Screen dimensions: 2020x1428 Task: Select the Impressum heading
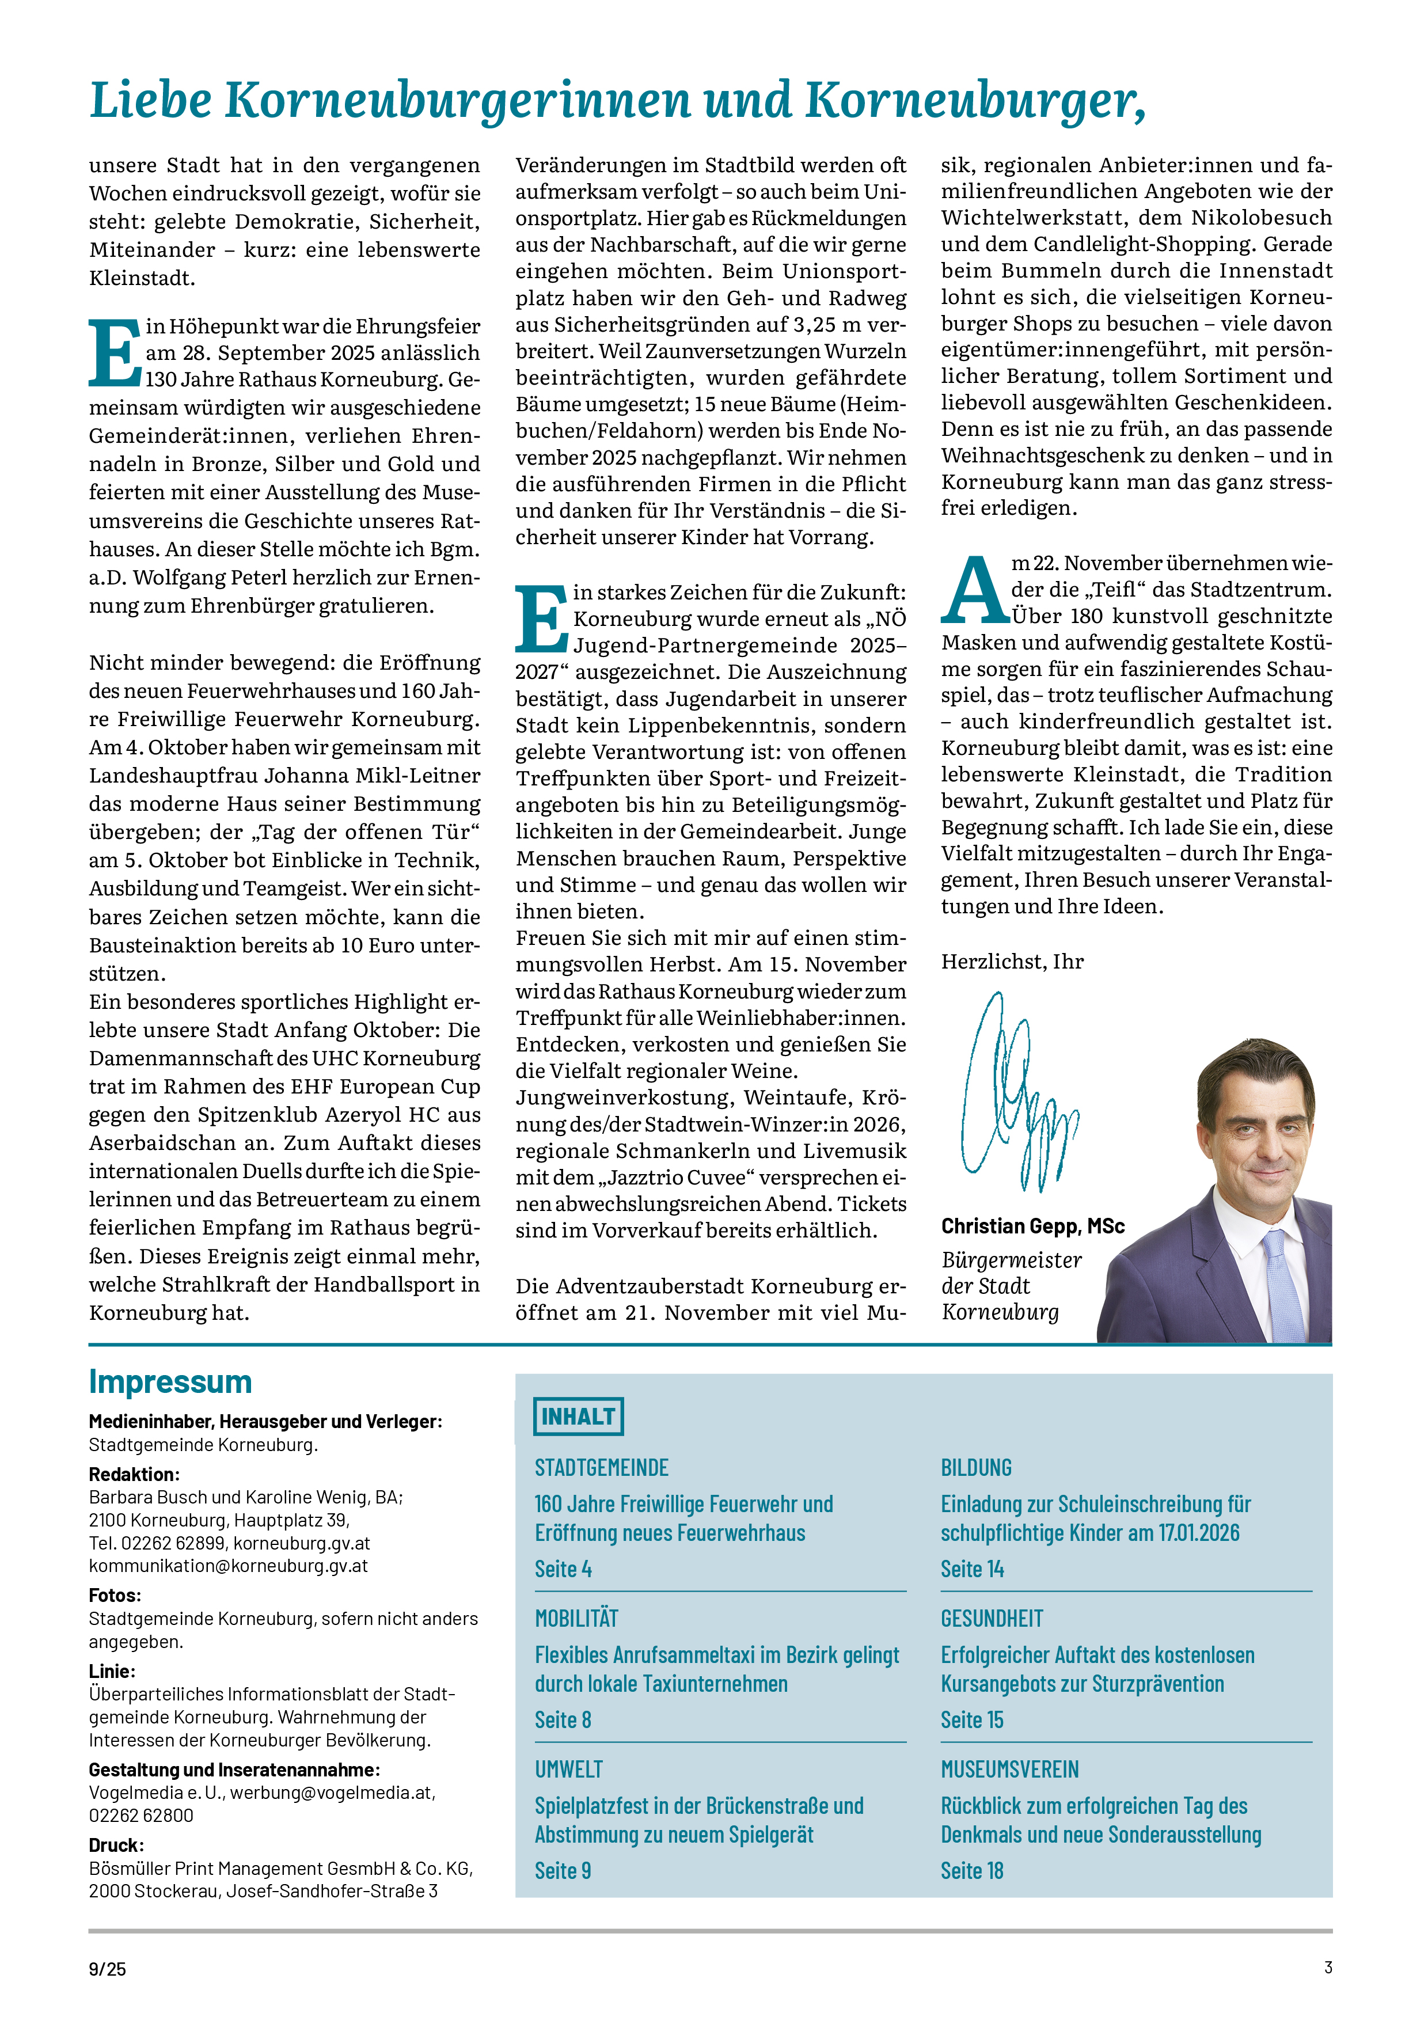170,1381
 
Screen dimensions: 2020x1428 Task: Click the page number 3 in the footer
1328,1967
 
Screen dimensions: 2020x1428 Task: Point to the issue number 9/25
107,1969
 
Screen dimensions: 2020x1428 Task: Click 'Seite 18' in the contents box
971,1870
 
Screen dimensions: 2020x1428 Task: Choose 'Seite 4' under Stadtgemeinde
563,1569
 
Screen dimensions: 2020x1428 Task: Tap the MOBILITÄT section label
576,1618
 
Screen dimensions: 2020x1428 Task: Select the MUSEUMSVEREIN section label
1009,1770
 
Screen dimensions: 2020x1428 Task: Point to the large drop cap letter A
974,590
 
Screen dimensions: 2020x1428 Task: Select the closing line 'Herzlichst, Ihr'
1012,962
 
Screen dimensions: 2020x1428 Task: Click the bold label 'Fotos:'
115,1595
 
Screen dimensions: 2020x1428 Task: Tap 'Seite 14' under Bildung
971,1569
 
